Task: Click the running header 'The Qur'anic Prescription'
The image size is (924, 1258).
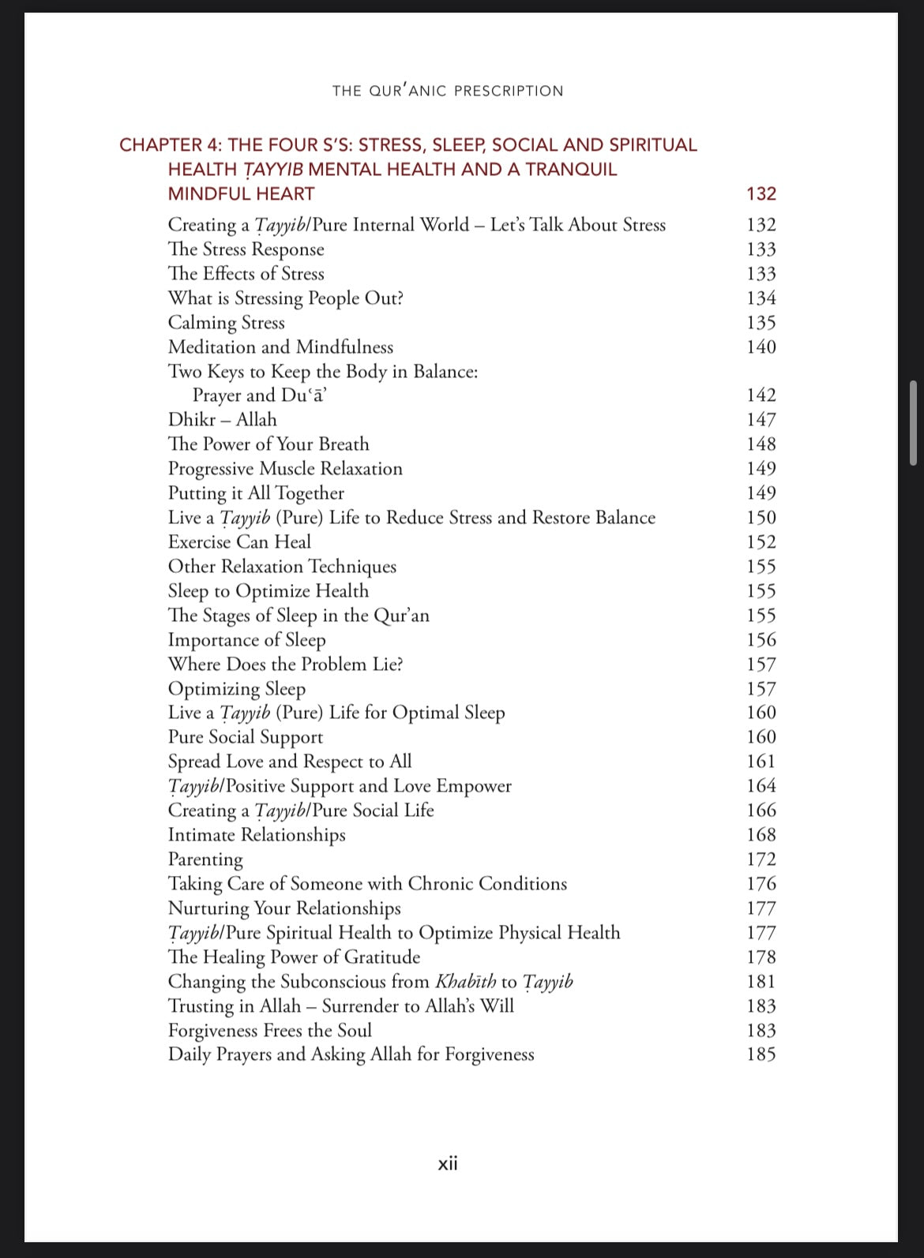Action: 448,91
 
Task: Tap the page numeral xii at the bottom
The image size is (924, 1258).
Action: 448,1163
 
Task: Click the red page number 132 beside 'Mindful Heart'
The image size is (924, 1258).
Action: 761,193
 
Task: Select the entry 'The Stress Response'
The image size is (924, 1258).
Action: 246,249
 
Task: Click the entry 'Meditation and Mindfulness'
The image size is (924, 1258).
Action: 280,347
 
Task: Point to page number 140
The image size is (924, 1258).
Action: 761,347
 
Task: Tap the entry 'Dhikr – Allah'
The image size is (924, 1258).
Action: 222,420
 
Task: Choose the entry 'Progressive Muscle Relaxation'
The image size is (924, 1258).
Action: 285,469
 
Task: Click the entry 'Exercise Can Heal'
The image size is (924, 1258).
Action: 239,542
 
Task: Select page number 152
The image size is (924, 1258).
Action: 761,542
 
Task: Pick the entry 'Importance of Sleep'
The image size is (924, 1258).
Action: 246,640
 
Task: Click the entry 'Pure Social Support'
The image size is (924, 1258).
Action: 246,737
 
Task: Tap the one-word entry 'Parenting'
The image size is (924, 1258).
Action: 205,859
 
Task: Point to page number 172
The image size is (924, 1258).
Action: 761,859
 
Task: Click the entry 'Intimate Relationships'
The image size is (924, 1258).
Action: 257,835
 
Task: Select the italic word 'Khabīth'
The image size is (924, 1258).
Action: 466,982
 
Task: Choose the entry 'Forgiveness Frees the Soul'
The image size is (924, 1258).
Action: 269,1031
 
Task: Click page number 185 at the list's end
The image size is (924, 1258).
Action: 761,1054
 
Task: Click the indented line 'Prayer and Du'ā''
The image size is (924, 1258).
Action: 260,395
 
